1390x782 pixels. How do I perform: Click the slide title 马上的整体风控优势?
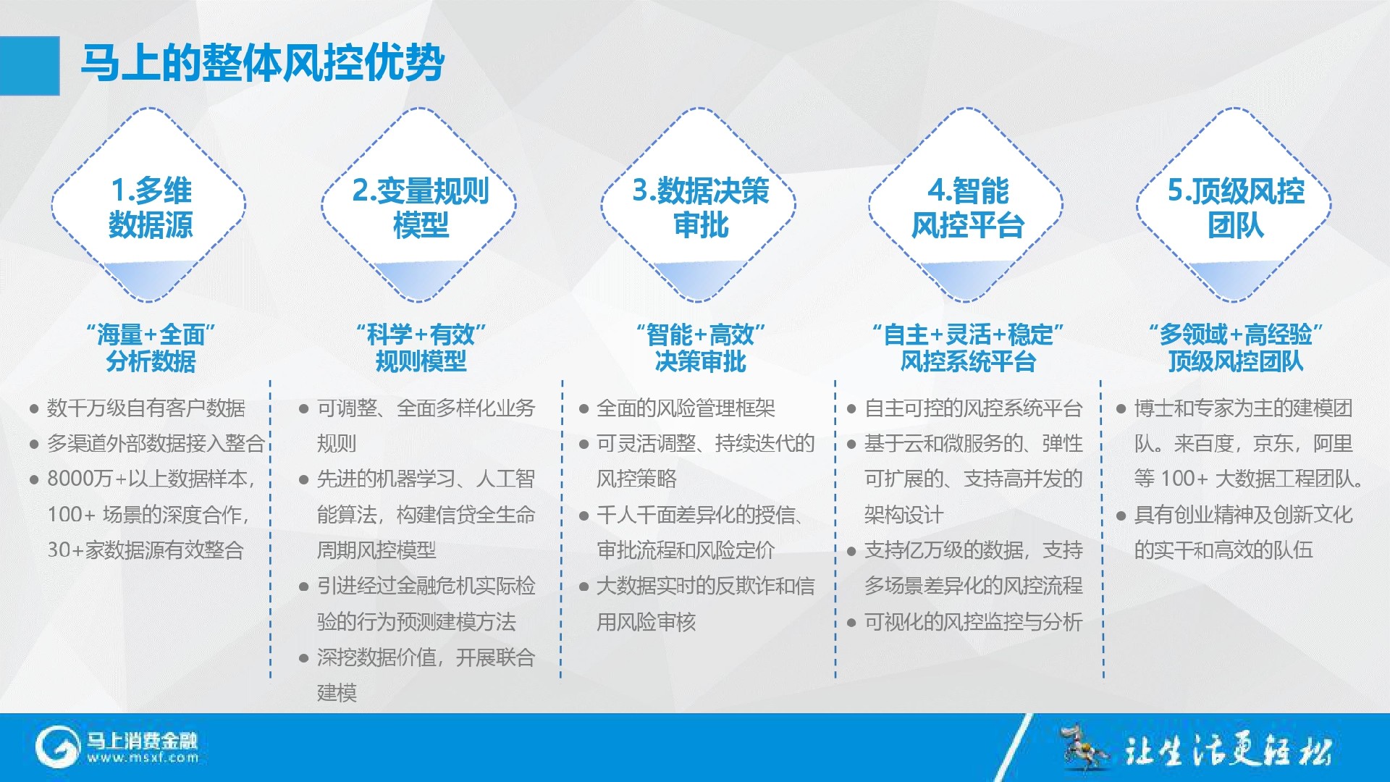click(x=262, y=63)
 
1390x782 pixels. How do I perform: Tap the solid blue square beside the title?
click(x=30, y=66)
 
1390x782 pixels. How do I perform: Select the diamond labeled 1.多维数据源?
click(x=149, y=205)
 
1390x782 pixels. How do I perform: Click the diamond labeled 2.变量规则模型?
click(x=419, y=205)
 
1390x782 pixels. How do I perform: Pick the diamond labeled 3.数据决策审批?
click(x=699, y=205)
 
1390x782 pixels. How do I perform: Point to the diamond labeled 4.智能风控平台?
click(x=966, y=205)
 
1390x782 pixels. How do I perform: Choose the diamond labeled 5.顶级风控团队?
click(x=1234, y=205)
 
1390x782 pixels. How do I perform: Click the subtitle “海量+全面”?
click(x=151, y=335)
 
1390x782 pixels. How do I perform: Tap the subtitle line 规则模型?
click(x=421, y=361)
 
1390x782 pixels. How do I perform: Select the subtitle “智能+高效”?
click(x=700, y=335)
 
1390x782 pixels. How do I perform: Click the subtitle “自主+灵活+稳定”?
click(x=968, y=335)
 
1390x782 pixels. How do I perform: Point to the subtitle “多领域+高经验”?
click(x=1236, y=335)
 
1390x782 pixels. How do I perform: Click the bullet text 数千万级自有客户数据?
click(x=146, y=408)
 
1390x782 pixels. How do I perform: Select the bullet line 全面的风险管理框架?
click(x=686, y=408)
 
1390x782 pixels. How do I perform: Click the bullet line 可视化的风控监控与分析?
click(x=974, y=622)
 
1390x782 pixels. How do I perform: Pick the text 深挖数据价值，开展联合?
click(x=426, y=657)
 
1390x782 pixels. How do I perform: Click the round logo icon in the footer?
click(x=57, y=747)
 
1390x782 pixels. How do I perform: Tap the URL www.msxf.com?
click(x=143, y=758)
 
